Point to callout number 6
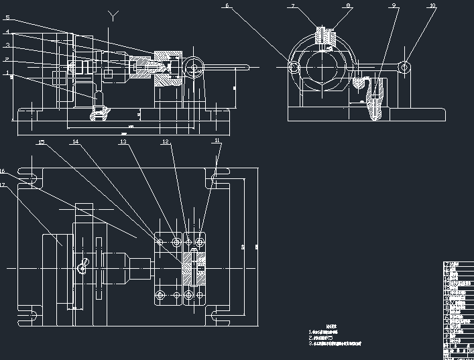point(227,5)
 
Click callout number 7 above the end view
point(292,5)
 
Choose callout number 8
point(348,5)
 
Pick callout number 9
point(394,5)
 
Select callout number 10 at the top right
point(432,5)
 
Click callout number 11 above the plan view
point(217,141)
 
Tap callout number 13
point(123,142)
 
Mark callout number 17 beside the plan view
point(3,184)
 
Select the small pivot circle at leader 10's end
point(404,67)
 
